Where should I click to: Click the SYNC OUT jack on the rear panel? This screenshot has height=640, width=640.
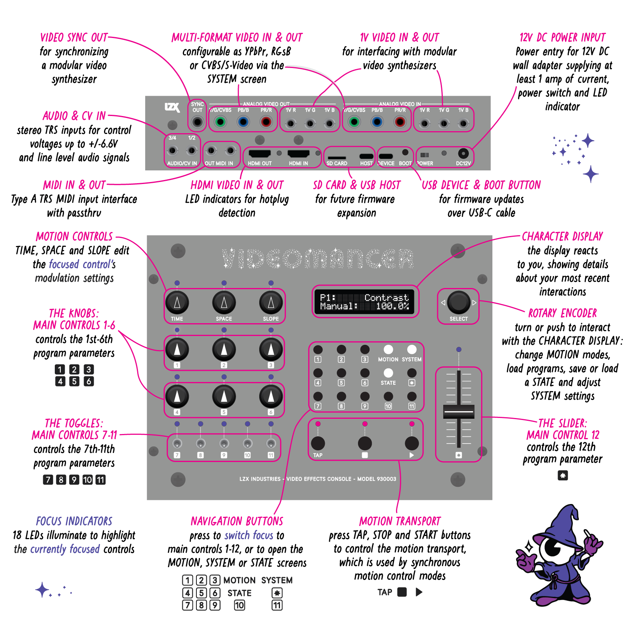tap(197, 122)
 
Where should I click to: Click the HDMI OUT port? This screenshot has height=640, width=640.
tap(260, 154)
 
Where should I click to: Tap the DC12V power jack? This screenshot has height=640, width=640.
tap(463, 153)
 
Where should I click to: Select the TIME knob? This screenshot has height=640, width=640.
tap(177, 303)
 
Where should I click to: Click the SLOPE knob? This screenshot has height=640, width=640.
tap(271, 303)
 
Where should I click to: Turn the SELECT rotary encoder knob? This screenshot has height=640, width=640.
tap(458, 302)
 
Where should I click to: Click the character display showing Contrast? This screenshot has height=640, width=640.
tap(364, 302)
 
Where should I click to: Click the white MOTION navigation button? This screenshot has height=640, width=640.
tap(388, 350)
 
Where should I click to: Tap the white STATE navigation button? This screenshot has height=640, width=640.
tap(388, 373)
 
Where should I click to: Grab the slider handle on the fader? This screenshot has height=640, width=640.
tap(459, 411)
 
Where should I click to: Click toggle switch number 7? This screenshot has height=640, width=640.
tap(177, 443)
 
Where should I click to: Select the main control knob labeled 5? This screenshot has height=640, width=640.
tap(224, 396)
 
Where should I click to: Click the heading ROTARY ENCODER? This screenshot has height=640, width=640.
tap(562, 313)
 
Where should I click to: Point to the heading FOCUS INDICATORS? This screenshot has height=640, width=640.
tap(74, 521)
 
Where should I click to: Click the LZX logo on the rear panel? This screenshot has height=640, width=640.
tap(172, 107)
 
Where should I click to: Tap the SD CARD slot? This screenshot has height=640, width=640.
tap(337, 157)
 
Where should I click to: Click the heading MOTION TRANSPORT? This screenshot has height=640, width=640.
tap(400, 521)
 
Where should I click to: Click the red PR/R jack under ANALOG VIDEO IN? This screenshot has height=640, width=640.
tap(400, 122)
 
